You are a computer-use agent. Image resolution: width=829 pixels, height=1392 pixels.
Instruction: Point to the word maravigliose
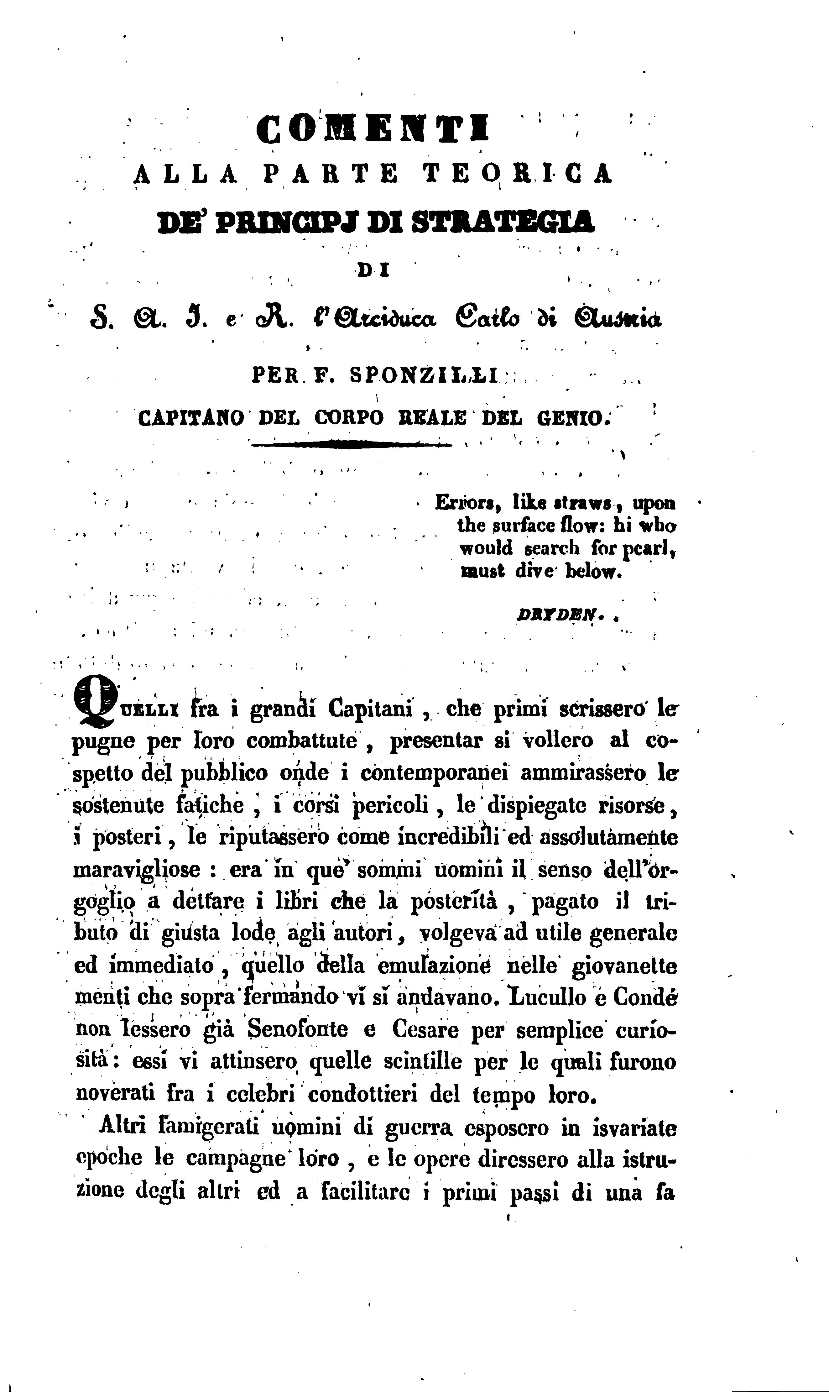point(137,870)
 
